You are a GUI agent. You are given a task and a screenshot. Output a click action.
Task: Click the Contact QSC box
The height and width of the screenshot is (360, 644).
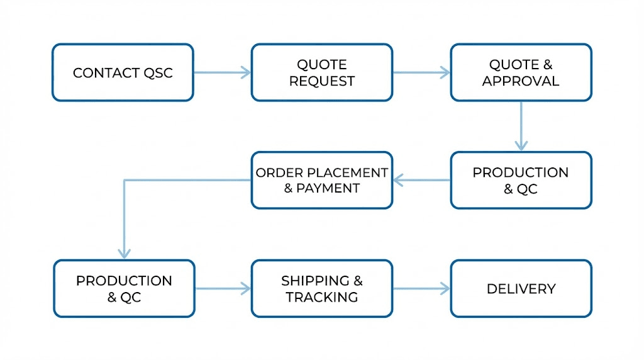123,72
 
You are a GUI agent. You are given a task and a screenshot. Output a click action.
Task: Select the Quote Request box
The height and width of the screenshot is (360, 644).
322,72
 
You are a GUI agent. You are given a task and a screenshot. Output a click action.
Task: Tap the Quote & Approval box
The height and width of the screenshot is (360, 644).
521,72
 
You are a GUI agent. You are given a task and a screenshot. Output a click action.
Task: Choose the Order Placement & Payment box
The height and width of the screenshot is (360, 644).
322,180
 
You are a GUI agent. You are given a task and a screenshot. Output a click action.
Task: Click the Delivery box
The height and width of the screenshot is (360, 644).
521,289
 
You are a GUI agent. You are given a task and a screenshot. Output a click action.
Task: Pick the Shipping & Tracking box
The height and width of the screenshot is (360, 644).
322,289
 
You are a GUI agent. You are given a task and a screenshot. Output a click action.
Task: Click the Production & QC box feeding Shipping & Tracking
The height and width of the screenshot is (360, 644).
124,289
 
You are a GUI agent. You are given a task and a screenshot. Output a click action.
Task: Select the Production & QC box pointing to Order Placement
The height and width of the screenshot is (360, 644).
521,180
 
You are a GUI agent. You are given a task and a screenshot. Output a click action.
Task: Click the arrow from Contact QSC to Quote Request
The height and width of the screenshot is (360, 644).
222,72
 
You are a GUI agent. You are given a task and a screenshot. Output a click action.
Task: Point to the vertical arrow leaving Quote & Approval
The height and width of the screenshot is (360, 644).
521,126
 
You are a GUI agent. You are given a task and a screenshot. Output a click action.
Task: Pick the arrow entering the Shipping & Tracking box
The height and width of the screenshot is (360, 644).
223,289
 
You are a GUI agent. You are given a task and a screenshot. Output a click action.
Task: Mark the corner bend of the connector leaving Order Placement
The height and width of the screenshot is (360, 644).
125,181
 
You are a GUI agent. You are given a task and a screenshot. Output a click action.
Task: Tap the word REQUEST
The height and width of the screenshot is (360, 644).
322,81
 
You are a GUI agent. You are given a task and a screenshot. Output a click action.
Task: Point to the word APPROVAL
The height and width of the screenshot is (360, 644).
521,81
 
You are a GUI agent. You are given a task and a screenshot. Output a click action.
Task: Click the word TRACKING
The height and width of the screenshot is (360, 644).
322,297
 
